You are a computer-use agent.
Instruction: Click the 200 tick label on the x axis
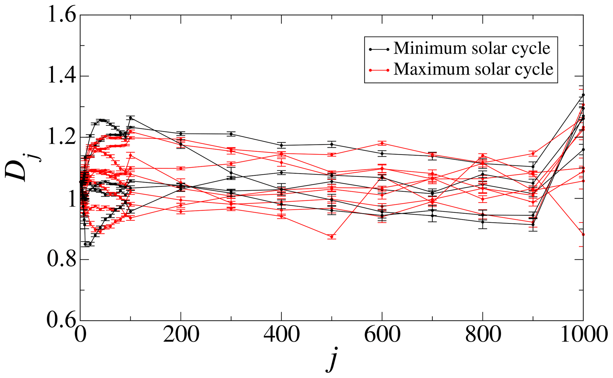tap(181, 335)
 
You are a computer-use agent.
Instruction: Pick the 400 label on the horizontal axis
tap(281, 335)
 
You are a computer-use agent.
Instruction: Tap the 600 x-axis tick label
tap(382, 335)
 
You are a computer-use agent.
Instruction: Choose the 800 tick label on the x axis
tap(483, 335)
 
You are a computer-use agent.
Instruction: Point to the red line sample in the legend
tap(379, 70)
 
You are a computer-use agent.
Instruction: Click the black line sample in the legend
tap(379, 49)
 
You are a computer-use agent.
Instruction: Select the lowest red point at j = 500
tap(332, 236)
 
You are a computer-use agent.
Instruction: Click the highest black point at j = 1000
tap(583, 95)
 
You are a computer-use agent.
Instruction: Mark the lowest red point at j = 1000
tap(583, 234)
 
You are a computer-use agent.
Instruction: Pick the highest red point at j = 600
tap(382, 143)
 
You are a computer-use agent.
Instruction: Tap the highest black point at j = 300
tap(231, 134)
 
